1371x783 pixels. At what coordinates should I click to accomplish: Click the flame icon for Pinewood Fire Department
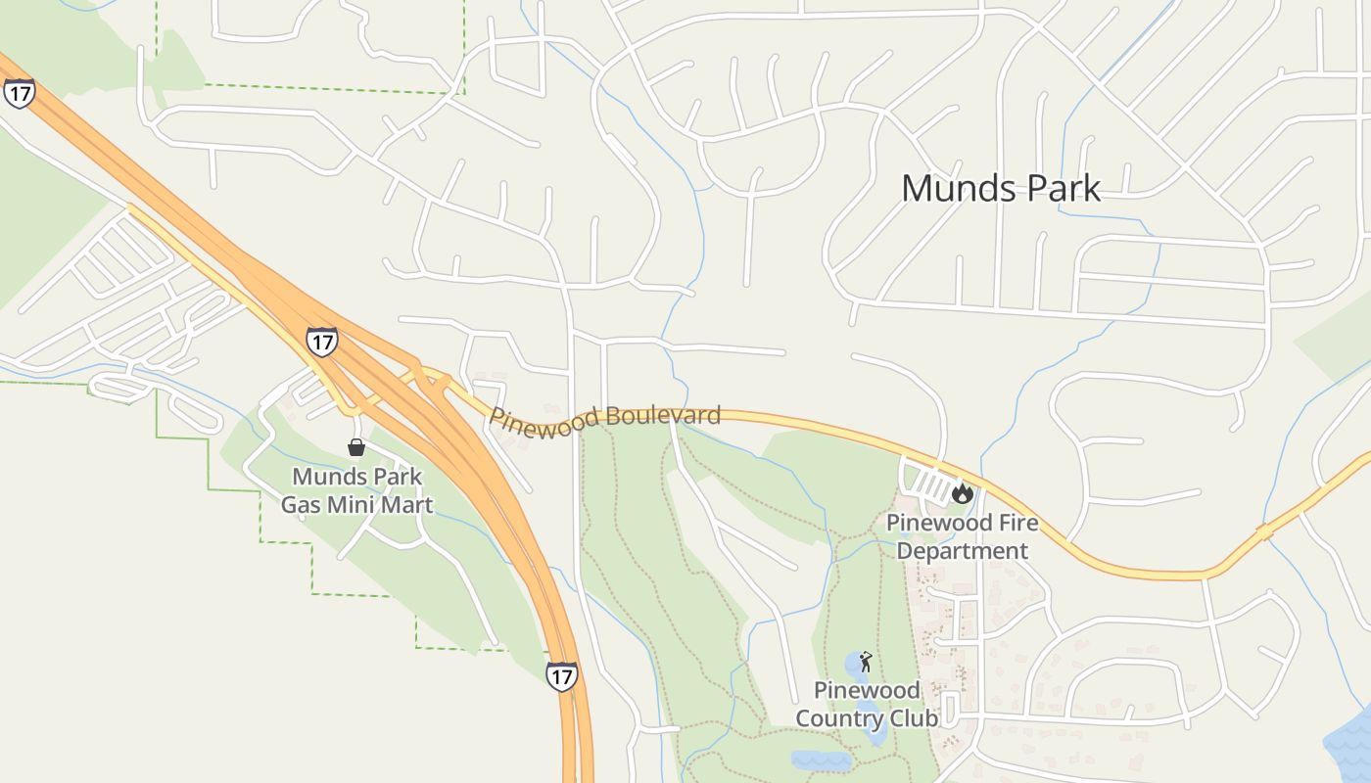962,493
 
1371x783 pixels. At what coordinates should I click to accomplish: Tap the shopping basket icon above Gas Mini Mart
356,447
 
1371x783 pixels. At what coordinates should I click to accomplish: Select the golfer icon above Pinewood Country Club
866,663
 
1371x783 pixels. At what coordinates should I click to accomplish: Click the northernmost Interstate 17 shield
19,93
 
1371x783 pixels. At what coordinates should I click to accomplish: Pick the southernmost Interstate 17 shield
561,676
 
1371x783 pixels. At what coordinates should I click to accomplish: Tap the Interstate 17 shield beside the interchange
321,341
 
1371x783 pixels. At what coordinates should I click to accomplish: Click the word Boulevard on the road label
663,416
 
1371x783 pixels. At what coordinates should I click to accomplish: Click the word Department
963,551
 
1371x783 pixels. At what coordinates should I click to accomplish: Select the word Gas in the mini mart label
302,505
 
